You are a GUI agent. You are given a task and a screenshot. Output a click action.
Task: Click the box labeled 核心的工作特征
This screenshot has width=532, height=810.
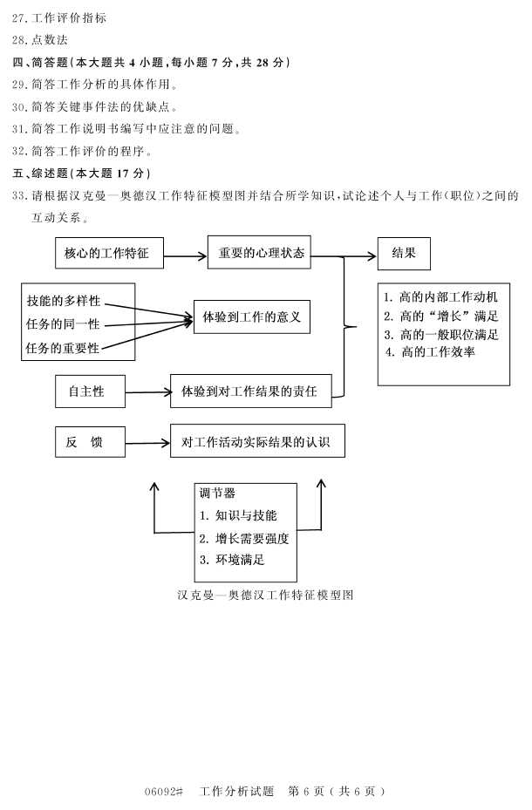[x=107, y=254]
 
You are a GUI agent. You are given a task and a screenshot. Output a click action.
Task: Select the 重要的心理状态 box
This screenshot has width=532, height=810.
[x=259, y=253]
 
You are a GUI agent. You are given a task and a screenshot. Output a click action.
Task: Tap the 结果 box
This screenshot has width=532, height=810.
[x=403, y=253]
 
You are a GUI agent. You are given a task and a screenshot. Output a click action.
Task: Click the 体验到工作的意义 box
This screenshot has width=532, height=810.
[x=251, y=317]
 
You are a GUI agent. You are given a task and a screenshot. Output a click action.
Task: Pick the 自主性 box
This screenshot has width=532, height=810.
[x=90, y=391]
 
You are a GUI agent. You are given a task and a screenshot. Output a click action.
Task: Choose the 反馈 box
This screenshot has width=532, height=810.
[x=90, y=443]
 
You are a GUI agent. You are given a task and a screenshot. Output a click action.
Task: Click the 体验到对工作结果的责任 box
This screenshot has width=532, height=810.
[x=249, y=391]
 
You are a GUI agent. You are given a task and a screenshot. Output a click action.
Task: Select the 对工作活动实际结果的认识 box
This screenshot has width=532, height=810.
[x=256, y=442]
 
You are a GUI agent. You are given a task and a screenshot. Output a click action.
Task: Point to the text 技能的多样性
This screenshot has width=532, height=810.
[x=64, y=301]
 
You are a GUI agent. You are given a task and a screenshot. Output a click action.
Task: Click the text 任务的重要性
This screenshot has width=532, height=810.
[x=64, y=349]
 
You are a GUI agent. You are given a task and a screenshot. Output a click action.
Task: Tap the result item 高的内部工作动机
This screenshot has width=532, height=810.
[x=441, y=297]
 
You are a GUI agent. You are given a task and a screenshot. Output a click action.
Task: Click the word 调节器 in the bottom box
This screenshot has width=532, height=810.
[x=217, y=493]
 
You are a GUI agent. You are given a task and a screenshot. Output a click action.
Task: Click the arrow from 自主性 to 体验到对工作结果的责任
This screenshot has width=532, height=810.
[x=148, y=392]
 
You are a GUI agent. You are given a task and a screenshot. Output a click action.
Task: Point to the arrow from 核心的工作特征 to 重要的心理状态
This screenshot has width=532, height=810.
[x=185, y=256]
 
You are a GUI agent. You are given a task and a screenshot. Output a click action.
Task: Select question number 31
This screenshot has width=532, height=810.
[x=20, y=128]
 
